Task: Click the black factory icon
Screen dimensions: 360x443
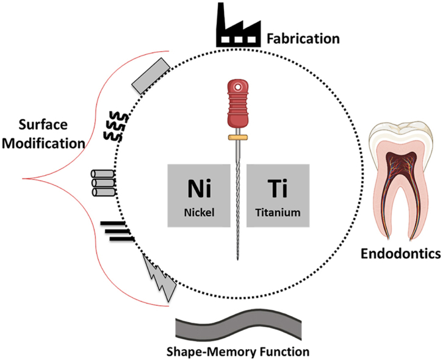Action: tap(238, 27)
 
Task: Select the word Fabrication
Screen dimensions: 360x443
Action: tap(303, 39)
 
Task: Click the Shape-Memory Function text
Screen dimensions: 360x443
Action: tap(238, 351)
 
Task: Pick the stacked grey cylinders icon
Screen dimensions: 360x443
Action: tap(102, 183)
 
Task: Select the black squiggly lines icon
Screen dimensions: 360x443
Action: tap(113, 125)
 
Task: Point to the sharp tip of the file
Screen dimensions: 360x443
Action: tap(236, 260)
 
